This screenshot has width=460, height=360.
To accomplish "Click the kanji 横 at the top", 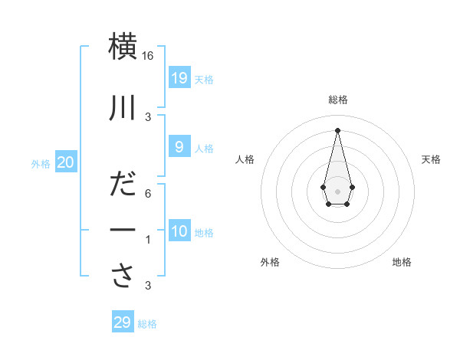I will (123, 46).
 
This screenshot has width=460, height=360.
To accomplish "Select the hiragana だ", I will (123, 185).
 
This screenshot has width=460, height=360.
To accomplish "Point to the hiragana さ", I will (123, 277).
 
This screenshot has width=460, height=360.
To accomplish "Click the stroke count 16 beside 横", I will (148, 56).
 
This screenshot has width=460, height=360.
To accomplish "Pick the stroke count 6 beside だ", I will (148, 194).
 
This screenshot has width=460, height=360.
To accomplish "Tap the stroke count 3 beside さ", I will (148, 286).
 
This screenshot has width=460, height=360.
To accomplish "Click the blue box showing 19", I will (179, 77).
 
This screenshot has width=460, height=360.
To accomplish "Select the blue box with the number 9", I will (179, 146).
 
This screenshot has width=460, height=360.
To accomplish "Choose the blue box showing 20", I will (66, 162).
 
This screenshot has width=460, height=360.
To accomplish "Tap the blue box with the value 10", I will (179, 231).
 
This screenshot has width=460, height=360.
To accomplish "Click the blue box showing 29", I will (123, 322).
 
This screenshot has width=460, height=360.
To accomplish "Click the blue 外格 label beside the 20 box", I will (41, 163).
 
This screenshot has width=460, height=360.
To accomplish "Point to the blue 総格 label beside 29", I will (147, 324).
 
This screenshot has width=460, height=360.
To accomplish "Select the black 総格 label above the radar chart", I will (338, 100).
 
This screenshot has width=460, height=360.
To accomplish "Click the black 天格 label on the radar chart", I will (431, 159).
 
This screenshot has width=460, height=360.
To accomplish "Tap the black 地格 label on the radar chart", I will (402, 262).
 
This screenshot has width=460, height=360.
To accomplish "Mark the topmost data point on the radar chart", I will (337, 129).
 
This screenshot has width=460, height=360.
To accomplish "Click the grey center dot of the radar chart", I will (337, 191).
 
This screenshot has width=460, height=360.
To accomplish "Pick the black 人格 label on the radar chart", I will (245, 159).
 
